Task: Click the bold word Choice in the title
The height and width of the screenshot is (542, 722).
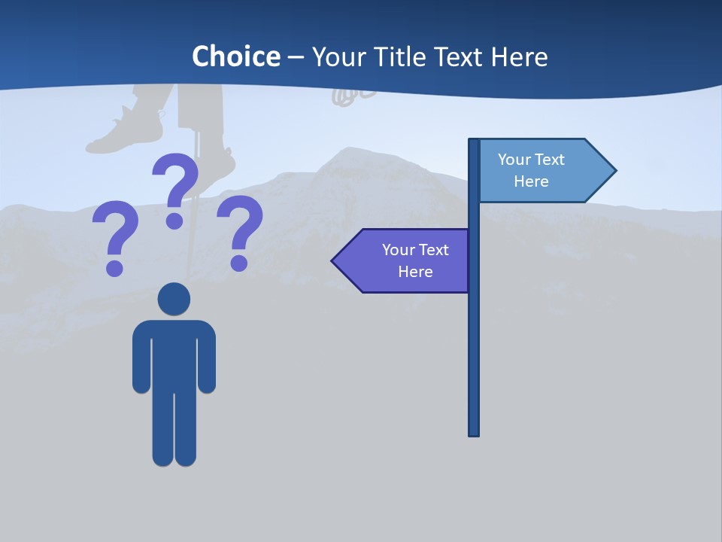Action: point(235,56)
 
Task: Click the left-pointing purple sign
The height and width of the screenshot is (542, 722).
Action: point(406,260)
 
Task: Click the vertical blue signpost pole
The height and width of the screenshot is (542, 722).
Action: point(474,339)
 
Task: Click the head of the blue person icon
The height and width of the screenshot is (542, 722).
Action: point(174,299)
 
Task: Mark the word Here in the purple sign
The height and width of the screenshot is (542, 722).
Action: point(415,272)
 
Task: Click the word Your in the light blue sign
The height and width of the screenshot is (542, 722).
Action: point(514,160)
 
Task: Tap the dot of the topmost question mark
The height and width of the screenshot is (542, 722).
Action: point(174,221)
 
